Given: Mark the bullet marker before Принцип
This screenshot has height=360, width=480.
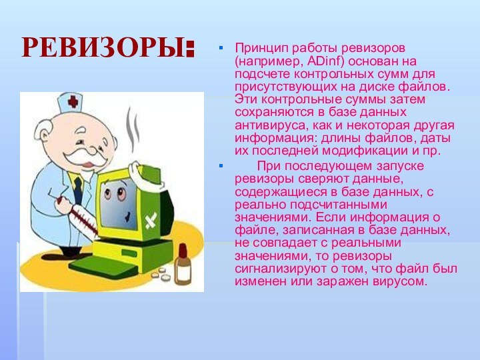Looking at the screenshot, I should (x=223, y=49).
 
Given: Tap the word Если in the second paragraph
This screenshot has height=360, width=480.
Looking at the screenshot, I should (x=329, y=217).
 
